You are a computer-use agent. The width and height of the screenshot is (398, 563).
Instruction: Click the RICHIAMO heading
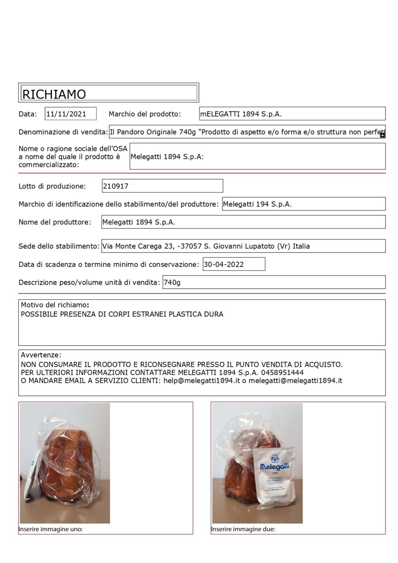coord(54,94)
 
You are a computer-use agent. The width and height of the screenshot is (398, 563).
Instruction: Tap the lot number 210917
coord(116,186)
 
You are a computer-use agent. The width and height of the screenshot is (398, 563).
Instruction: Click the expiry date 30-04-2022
coord(223,264)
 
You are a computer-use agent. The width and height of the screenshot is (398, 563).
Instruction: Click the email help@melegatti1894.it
coord(201,380)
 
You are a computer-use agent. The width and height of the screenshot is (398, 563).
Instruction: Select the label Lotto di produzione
coord(52,186)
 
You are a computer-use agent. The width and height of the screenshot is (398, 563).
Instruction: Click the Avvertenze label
coord(41,355)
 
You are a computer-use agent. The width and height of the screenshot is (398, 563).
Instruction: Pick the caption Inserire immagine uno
coord(51,529)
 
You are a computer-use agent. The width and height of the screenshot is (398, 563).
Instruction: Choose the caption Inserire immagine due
coord(243,529)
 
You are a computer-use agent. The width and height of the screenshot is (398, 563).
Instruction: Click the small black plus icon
coord(382,135)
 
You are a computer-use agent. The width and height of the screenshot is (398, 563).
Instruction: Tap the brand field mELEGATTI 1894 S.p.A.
coord(241,114)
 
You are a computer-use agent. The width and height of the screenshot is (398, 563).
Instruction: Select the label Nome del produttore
coord(54,222)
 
